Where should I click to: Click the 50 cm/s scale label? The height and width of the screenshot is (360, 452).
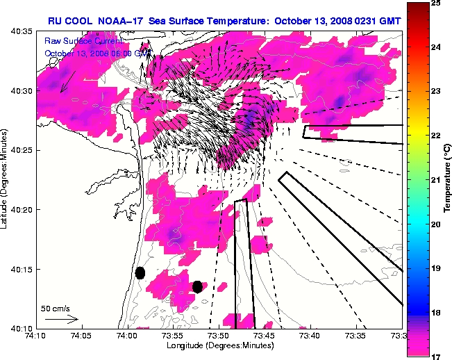[56, 308]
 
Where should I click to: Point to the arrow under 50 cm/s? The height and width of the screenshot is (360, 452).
[62, 319]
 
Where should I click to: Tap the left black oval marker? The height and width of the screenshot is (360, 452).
[140, 272]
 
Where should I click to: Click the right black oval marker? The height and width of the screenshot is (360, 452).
[197, 286]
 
